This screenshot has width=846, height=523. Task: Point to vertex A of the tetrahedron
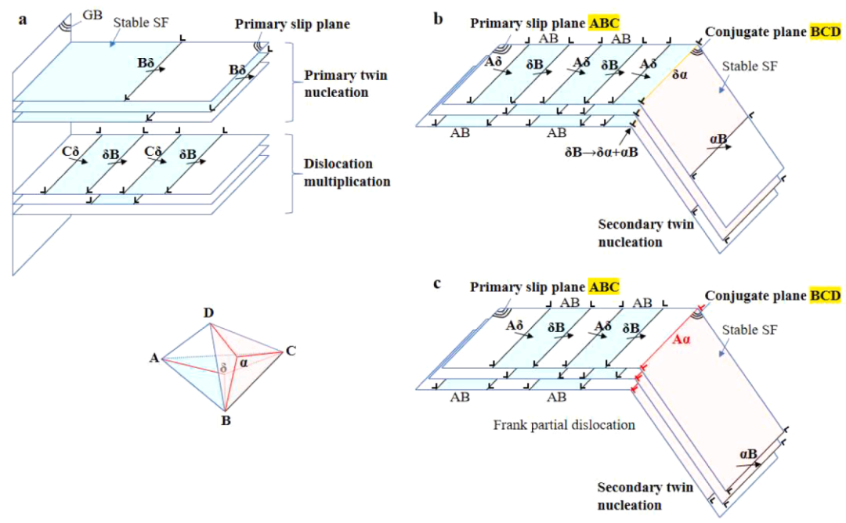pyautogui.click(x=154, y=359)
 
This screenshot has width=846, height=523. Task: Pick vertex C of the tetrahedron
pyautogui.click(x=291, y=352)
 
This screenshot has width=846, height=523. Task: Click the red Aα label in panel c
pyautogui.click(x=683, y=339)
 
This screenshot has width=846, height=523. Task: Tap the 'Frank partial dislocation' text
pyautogui.click(x=564, y=425)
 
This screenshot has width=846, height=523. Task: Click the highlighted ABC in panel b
pyautogui.click(x=604, y=23)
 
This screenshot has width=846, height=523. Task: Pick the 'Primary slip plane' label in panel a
pyautogui.click(x=292, y=24)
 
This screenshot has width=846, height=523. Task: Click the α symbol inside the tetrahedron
pyautogui.click(x=244, y=362)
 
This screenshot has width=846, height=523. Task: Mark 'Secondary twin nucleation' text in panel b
pyautogui.click(x=645, y=233)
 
